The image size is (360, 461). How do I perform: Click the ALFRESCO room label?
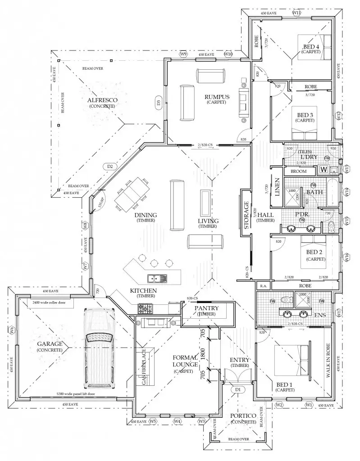tap(102, 99)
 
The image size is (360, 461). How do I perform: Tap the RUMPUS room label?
tap(217, 97)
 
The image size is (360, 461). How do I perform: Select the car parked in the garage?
tap(100, 349)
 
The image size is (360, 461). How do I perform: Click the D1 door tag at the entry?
tap(238, 389)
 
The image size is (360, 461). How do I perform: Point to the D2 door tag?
tap(109, 167)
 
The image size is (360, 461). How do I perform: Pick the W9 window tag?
tap(183, 54)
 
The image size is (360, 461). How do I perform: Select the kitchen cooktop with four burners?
tap(145, 309)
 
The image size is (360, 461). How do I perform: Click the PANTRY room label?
tap(207, 308)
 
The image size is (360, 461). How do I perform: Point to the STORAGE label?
tap(246, 216)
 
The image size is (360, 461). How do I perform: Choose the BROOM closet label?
tap(298, 171)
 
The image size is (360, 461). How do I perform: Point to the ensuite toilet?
tap(285, 300)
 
